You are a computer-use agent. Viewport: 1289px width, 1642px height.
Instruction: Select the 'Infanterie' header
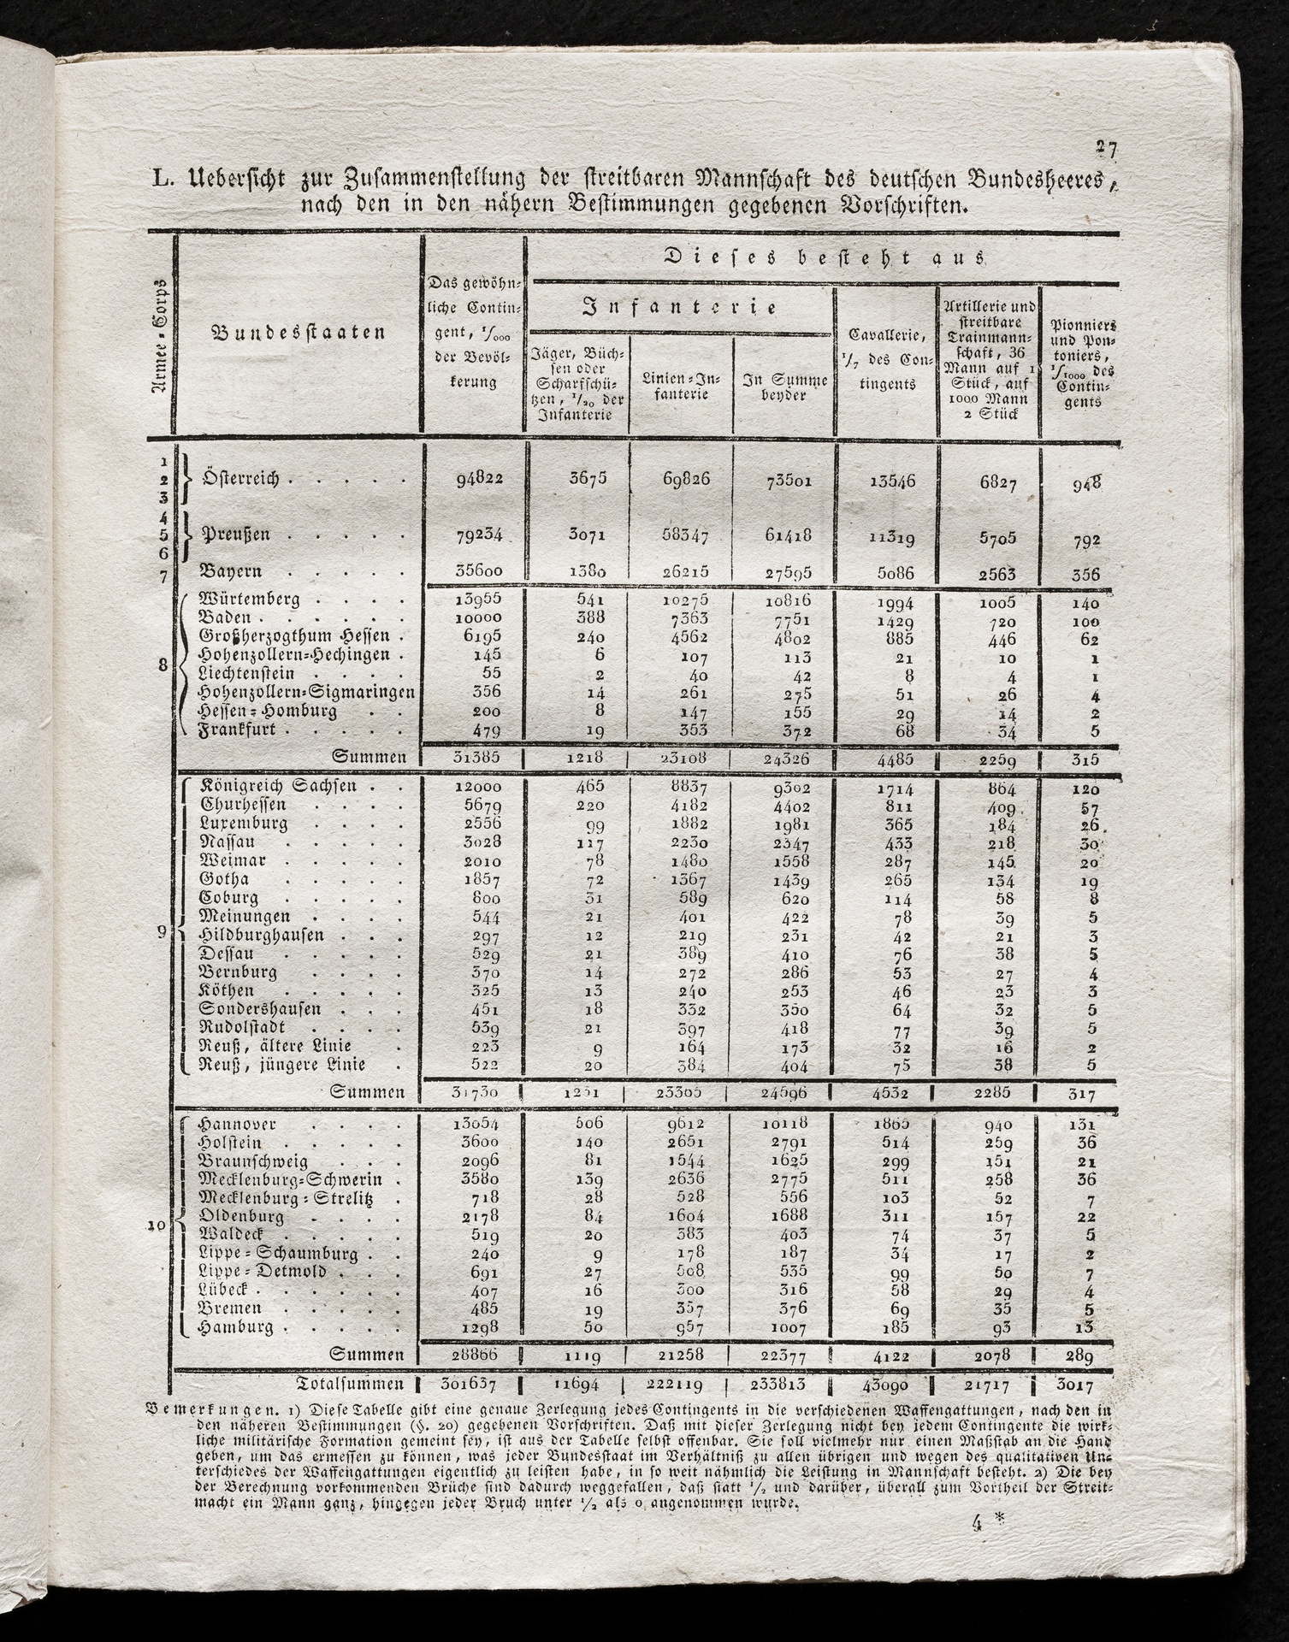[680, 307]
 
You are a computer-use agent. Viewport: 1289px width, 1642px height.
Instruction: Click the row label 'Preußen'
[235, 535]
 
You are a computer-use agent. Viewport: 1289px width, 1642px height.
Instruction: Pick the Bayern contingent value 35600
[473, 571]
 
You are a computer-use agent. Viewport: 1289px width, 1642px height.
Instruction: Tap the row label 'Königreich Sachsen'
[278, 785]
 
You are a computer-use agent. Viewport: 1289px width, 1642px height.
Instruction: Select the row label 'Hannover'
[238, 1125]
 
